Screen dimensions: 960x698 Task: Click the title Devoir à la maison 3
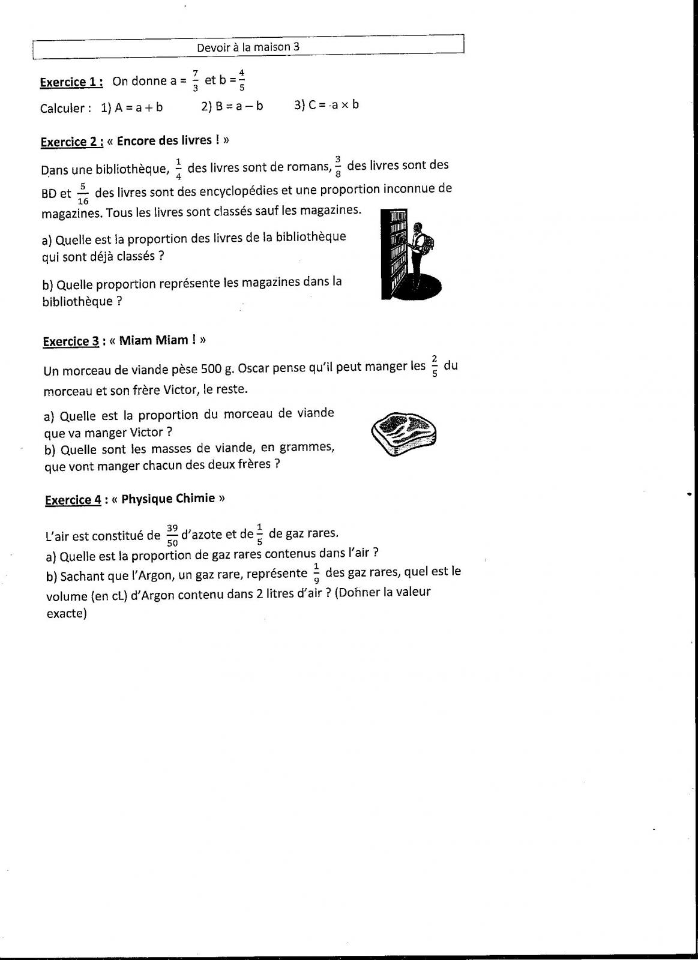[x=248, y=47]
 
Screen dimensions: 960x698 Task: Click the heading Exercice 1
[x=71, y=82]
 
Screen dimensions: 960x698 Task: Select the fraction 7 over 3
[x=195, y=81]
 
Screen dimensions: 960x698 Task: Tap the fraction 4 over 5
[x=241, y=80]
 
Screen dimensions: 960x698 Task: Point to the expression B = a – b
[x=232, y=106]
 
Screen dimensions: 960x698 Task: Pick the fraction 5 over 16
[x=83, y=194]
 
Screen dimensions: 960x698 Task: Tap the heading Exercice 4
[x=73, y=500]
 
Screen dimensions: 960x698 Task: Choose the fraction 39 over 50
[x=172, y=536]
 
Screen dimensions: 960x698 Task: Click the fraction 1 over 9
[x=316, y=574]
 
